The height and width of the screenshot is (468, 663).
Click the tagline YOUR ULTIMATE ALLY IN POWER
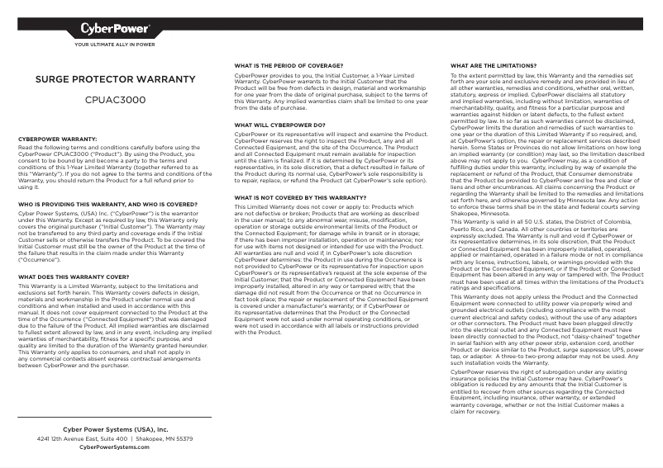[115, 45]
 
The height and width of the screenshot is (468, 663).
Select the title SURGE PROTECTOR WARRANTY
[115, 80]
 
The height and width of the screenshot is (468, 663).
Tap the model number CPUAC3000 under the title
[115, 98]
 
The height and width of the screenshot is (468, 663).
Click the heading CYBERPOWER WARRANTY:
[57, 139]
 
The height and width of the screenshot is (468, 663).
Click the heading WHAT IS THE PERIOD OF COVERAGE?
[289, 64]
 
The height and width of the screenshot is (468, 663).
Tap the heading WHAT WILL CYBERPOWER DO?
[279, 125]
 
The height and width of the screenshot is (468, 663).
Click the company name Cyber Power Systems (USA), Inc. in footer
[115, 430]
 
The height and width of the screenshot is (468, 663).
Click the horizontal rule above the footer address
[115, 418]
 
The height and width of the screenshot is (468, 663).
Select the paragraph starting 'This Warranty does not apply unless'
[546, 330]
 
